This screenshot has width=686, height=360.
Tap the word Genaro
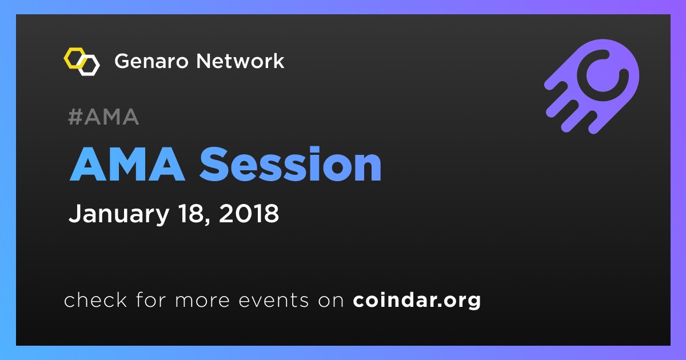151,61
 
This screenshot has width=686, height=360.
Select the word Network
241,61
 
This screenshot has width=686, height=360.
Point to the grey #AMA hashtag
103,117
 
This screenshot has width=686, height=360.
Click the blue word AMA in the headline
127,164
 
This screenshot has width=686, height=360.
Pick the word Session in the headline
290,164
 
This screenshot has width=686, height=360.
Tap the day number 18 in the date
192,213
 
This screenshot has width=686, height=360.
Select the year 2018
249,213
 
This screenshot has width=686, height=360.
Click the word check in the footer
95,299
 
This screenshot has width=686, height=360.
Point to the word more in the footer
202,301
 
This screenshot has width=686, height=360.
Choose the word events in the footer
274,300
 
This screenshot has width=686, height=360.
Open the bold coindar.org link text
417,300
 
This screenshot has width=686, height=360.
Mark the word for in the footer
151,299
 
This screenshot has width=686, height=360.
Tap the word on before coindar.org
331,301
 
